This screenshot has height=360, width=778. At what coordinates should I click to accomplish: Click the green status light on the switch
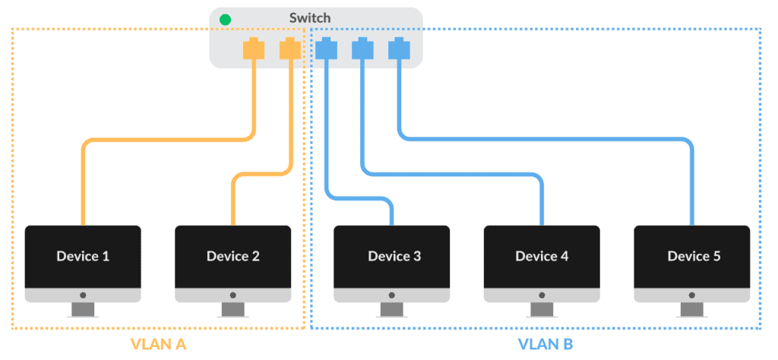pos(225,19)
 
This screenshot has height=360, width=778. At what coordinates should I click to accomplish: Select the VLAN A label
pos(159,344)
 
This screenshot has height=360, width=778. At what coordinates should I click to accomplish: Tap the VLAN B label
pos(545,344)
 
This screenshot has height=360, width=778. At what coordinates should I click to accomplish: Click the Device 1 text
pos(83,256)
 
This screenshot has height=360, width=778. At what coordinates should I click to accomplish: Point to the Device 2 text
pos(232,256)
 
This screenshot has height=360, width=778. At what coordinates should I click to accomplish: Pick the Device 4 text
pos(542,256)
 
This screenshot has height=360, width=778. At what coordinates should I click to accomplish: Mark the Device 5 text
pos(694,256)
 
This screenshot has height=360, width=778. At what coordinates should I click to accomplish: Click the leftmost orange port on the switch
pos(253,49)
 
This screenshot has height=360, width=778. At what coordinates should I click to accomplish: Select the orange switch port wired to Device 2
pos(290,49)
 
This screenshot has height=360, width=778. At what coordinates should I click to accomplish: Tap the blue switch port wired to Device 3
pos(326,49)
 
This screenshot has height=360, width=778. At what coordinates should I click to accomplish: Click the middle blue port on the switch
pos(362,49)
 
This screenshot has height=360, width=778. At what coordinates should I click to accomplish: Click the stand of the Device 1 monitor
pos(83,310)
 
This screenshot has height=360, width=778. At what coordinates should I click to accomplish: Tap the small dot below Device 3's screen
pos(392,295)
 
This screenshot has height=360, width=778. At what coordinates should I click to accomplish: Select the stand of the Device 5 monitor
pos(692,310)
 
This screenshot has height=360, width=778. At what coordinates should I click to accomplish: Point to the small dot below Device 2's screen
pos(232,295)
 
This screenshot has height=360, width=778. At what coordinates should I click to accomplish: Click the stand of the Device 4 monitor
pos(542,310)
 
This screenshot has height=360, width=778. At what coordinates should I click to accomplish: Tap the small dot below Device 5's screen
pos(692,295)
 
